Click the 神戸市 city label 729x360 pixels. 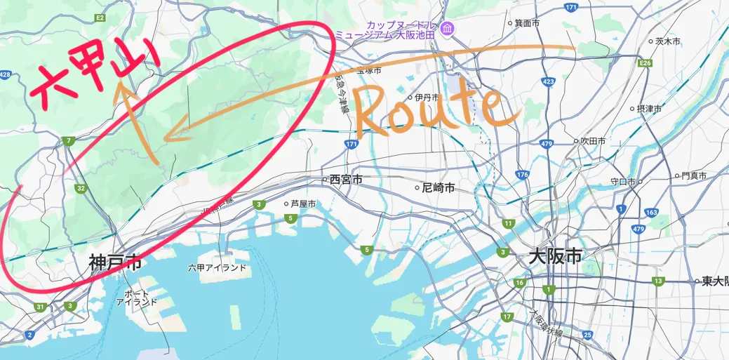(x=115, y=263)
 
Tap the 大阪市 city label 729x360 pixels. (x=555, y=257)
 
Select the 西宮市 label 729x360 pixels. (x=346, y=180)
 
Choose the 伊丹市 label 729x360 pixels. (x=426, y=97)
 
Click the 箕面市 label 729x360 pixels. (x=527, y=23)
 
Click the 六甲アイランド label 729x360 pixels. (x=218, y=267)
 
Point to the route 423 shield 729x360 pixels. (x=548, y=82)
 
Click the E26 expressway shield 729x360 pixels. (x=646, y=64)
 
